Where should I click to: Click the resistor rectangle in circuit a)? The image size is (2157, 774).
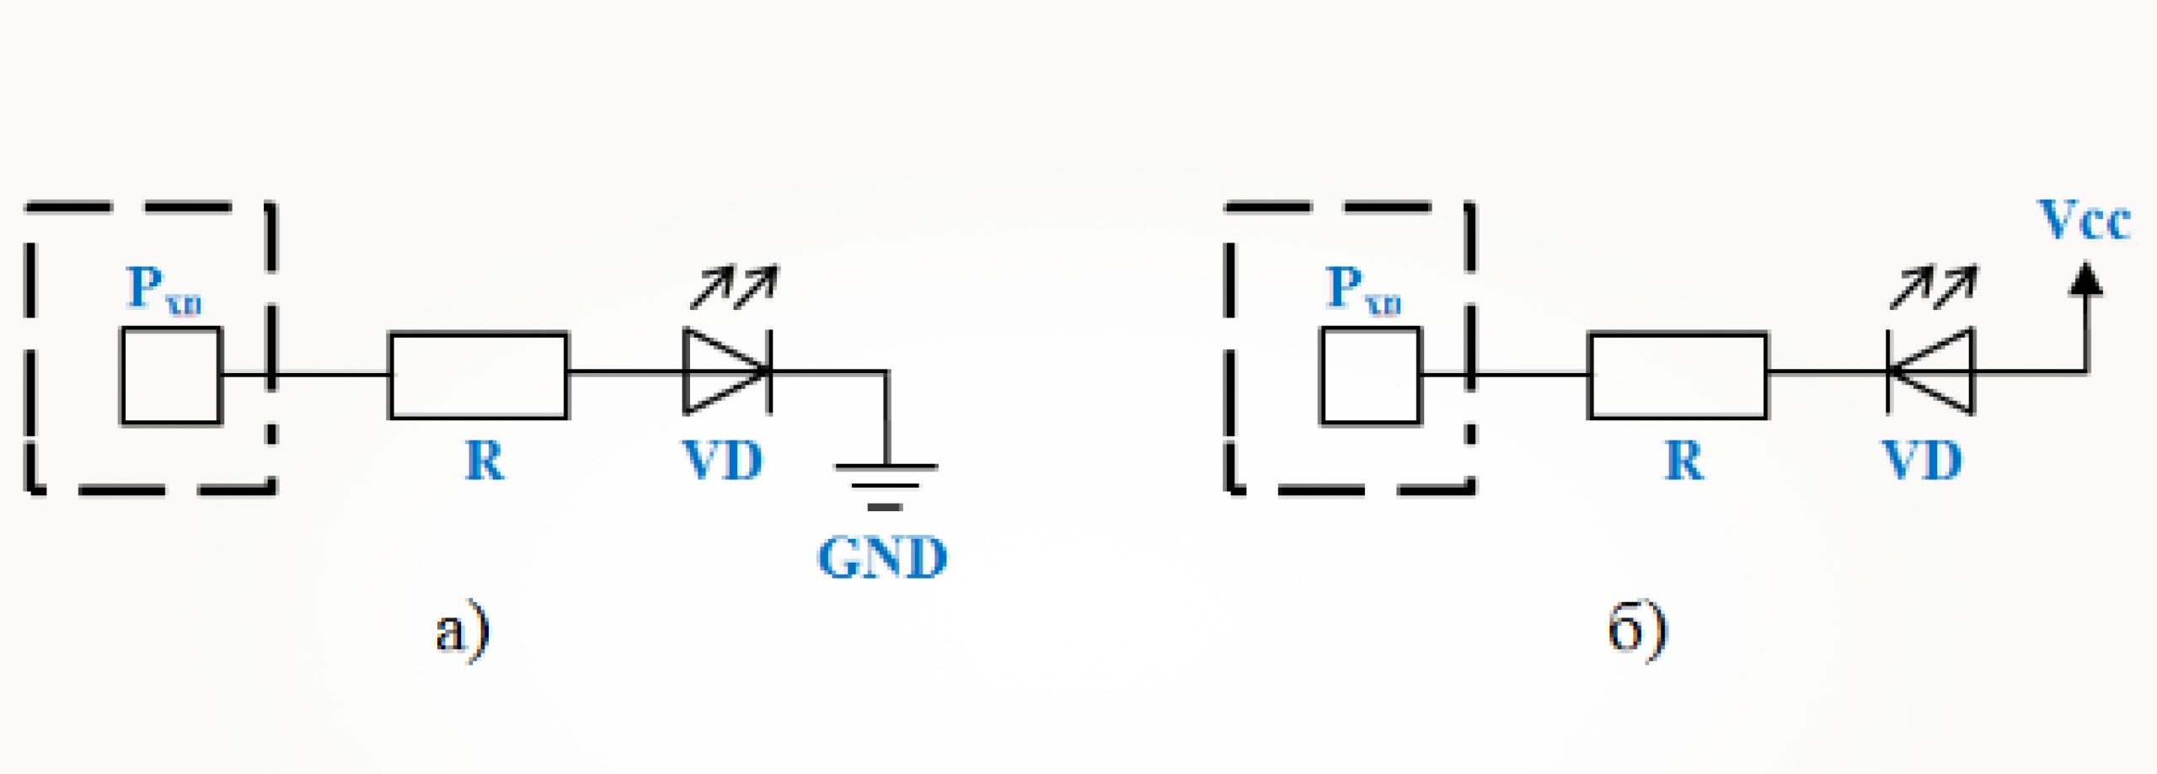(478, 376)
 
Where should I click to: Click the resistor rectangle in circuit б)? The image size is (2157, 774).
(1678, 376)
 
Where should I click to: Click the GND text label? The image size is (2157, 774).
(882, 558)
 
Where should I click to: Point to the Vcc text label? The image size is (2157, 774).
(2084, 221)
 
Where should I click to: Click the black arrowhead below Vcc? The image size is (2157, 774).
(2086, 280)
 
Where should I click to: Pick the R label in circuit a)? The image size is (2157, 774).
(485, 461)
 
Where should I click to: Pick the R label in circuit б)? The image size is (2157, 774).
(1684, 461)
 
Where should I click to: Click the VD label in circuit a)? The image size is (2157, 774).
(723, 461)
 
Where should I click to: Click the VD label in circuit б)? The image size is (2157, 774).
(1923, 461)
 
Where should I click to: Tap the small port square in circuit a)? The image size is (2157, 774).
(171, 376)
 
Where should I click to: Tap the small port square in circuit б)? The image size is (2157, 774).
(1371, 376)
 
